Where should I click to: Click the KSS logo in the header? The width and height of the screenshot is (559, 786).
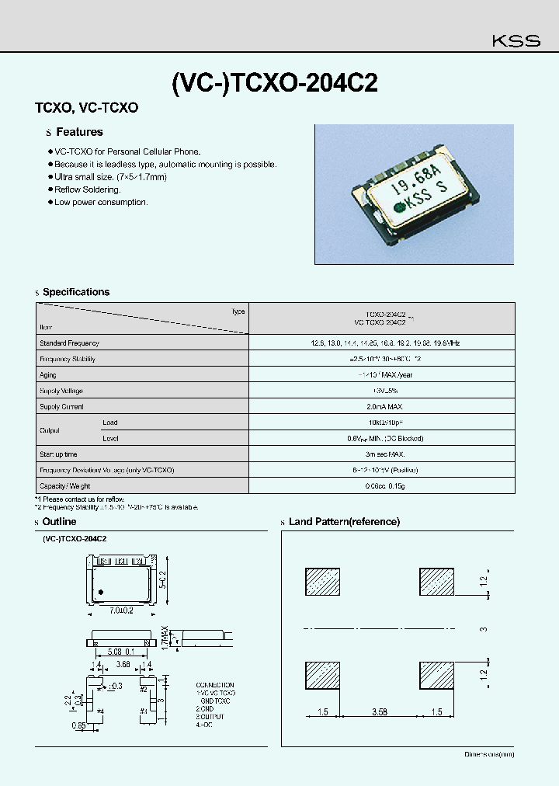pos(517,41)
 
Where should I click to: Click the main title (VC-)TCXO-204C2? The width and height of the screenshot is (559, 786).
pos(274,83)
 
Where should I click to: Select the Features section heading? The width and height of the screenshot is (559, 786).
pos(79,132)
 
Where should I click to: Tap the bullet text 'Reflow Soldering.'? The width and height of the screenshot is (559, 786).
pos(88,190)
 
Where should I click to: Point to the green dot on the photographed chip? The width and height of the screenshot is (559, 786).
pos(399,207)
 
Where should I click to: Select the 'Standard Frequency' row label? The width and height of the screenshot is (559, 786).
pos(69,343)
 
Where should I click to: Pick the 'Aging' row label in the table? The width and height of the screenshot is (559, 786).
pos(48,374)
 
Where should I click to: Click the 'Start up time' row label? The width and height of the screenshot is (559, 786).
pos(59,454)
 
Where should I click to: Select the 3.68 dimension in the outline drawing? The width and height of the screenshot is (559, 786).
pos(122,665)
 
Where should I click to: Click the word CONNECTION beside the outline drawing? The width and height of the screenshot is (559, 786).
pos(215,685)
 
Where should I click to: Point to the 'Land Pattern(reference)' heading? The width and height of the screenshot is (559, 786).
pos(344,522)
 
